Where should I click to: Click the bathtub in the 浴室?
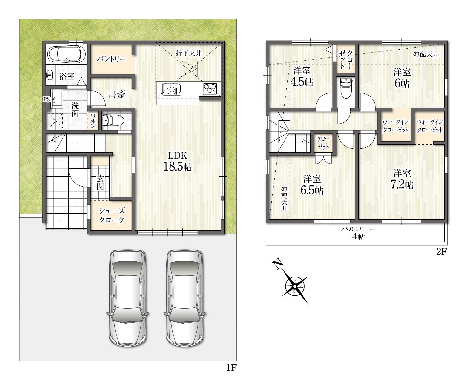[x=66, y=55]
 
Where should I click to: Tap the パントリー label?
[x=111, y=59]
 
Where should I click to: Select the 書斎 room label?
[x=117, y=95]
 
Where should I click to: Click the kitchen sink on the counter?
[x=171, y=89]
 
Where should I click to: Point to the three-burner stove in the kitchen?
[x=210, y=89]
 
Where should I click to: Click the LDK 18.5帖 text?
[x=178, y=161]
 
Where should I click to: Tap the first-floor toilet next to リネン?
[x=113, y=120]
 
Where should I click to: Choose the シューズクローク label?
[x=111, y=215]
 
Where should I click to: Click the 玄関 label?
[x=100, y=183]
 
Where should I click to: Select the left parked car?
[x=128, y=298]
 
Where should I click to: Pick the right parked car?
[x=185, y=298]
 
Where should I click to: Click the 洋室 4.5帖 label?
[x=302, y=77]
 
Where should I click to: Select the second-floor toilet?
[x=346, y=88]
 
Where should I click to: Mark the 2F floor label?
[x=442, y=252]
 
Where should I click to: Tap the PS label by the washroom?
[x=46, y=99]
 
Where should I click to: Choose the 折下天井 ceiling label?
[x=189, y=53]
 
